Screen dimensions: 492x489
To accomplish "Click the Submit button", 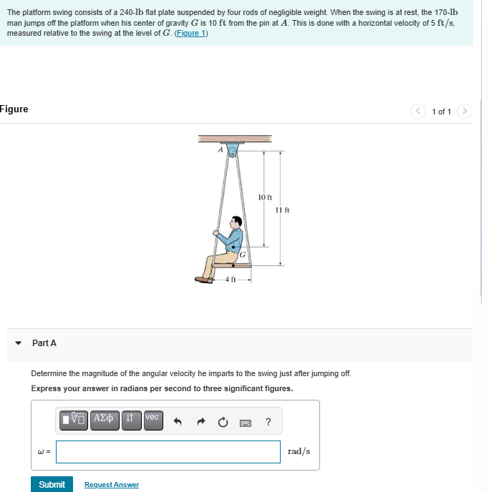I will click(52, 484).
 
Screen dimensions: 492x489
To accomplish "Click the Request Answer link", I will click(112, 485).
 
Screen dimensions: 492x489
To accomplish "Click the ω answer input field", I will click(168, 451).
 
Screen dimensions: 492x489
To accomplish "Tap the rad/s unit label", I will click(299, 451).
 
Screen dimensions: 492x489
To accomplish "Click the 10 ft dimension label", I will click(264, 197).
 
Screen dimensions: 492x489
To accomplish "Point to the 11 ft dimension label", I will click(281, 210).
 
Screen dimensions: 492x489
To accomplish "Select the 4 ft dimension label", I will click(230, 279).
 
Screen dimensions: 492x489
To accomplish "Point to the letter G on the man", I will click(243, 254).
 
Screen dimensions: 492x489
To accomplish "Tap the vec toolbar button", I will click(152, 418).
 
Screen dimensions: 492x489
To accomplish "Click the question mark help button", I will click(268, 422).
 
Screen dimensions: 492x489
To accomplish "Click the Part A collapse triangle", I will click(19, 343).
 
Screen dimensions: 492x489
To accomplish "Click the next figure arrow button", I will click(465, 111).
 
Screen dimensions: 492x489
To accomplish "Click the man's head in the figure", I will click(238, 223).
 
